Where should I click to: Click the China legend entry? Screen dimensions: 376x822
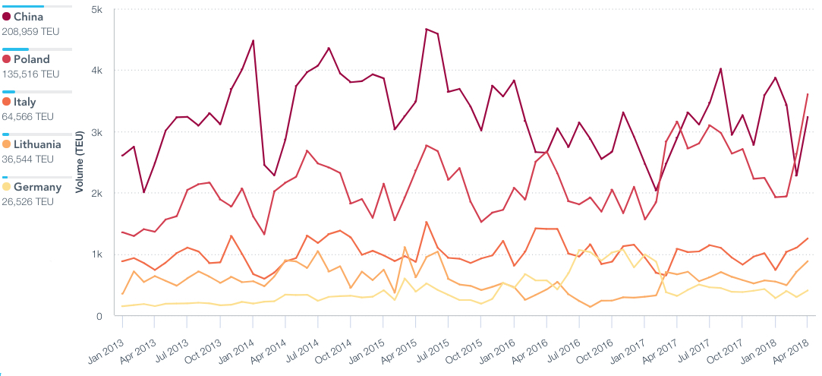[x=28, y=17]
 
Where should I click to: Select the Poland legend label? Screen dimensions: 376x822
[x=31, y=59]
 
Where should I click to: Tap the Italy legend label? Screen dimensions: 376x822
[x=24, y=102]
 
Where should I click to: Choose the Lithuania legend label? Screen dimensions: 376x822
[x=37, y=144]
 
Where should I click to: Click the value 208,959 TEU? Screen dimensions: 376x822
[x=30, y=32]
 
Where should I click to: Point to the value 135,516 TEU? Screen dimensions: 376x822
[x=30, y=74]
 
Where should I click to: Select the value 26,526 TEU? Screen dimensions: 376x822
[x=28, y=202]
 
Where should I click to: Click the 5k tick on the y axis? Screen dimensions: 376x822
[x=96, y=9]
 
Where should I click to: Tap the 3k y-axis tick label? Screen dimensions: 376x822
[x=96, y=132]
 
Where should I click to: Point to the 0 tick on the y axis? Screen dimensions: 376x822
[x=100, y=316]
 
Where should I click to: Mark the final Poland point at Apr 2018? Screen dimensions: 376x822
[x=808, y=94]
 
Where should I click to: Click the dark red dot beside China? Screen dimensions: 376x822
[x=7, y=17]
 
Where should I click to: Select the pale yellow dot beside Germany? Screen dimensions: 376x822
[x=7, y=187]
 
